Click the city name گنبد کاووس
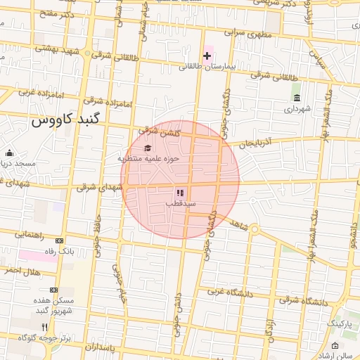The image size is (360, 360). click(67, 120)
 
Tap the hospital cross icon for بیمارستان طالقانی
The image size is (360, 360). click(207, 55)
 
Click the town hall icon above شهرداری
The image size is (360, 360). click(297, 98)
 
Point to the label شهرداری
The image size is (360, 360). click(296, 109)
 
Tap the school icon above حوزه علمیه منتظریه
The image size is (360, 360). click(148, 148)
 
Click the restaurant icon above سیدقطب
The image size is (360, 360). click(180, 192)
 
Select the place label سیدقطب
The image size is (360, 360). click(180, 203)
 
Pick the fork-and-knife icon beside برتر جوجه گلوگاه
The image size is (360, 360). click(45, 327)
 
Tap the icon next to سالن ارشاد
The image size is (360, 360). click(335, 345)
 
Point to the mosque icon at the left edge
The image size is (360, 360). click(9, 153)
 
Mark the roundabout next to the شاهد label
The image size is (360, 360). click(255, 229)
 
